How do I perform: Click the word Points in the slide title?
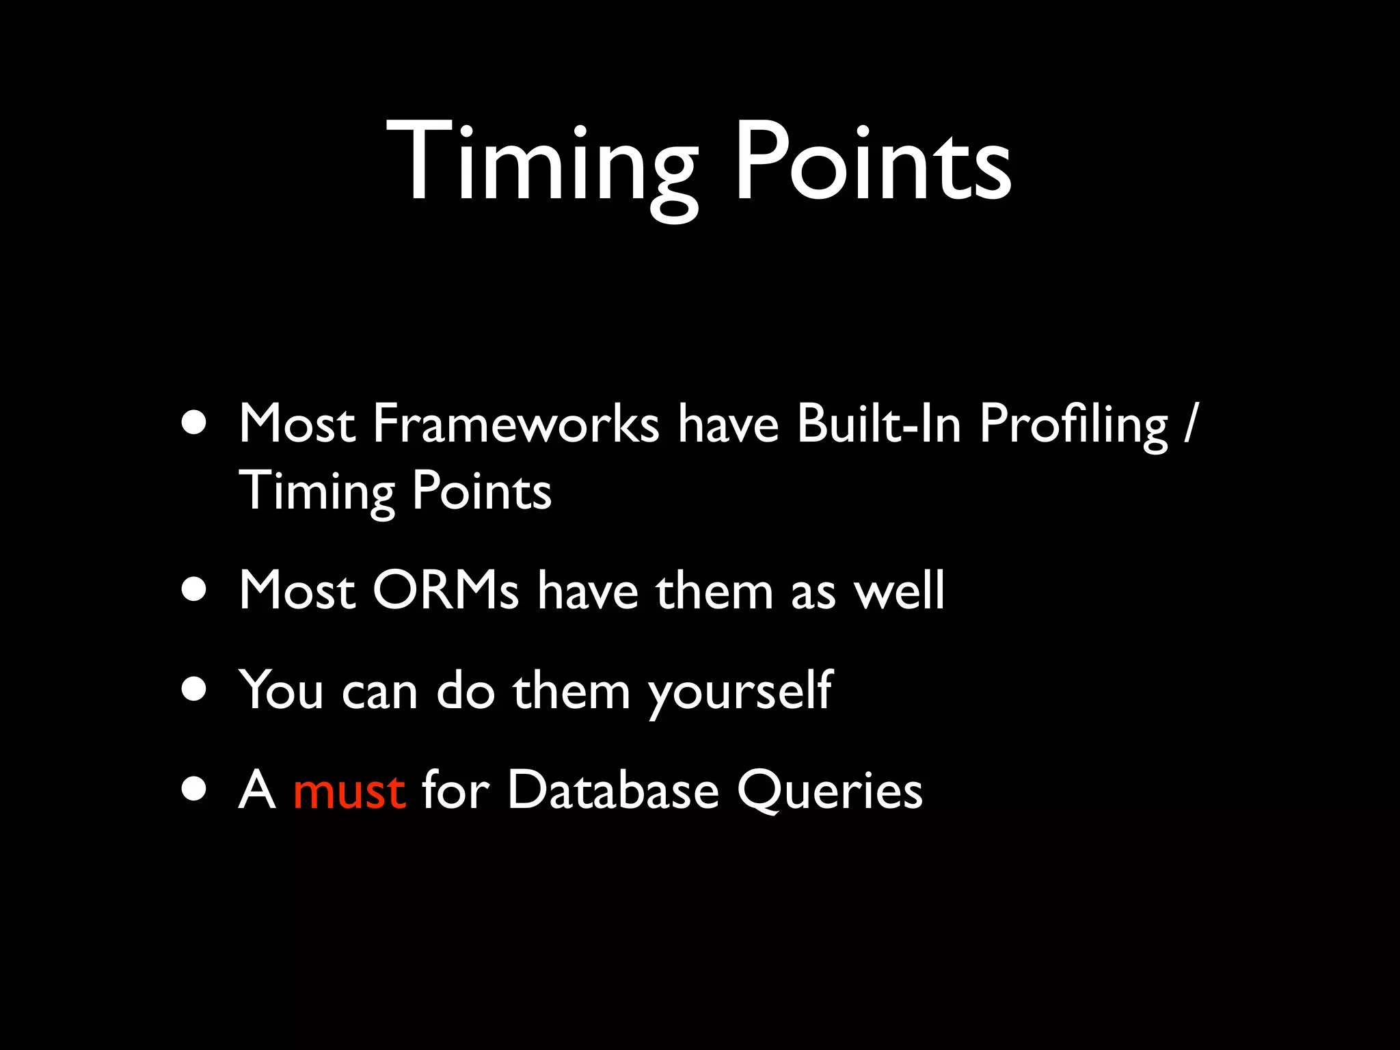[872, 164]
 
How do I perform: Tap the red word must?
[349, 791]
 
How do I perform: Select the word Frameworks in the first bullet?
[515, 425]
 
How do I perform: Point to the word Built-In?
[878, 425]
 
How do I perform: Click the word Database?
[612, 791]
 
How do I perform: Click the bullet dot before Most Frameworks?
[195, 423]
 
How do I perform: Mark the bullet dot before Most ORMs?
[195, 589]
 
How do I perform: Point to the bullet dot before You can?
[195, 689]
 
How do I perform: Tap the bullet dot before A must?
[195, 789]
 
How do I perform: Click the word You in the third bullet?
[281, 690]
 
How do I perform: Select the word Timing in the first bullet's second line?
[317, 492]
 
